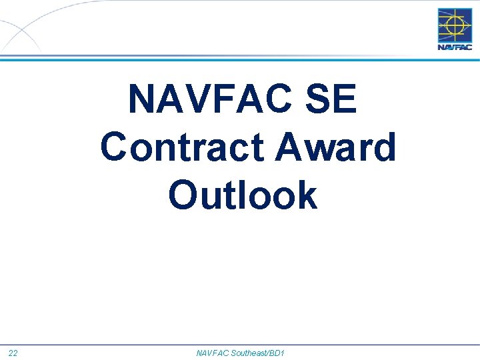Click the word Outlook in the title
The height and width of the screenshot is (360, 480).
243,195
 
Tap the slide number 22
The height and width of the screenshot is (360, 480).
13,352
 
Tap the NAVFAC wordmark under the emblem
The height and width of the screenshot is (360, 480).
454,47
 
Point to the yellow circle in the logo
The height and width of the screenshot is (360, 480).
455,25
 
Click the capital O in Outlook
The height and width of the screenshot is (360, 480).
185,195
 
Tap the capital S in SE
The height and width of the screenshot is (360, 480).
319,99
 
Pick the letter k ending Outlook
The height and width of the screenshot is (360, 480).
307,195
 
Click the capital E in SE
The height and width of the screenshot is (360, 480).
346,99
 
